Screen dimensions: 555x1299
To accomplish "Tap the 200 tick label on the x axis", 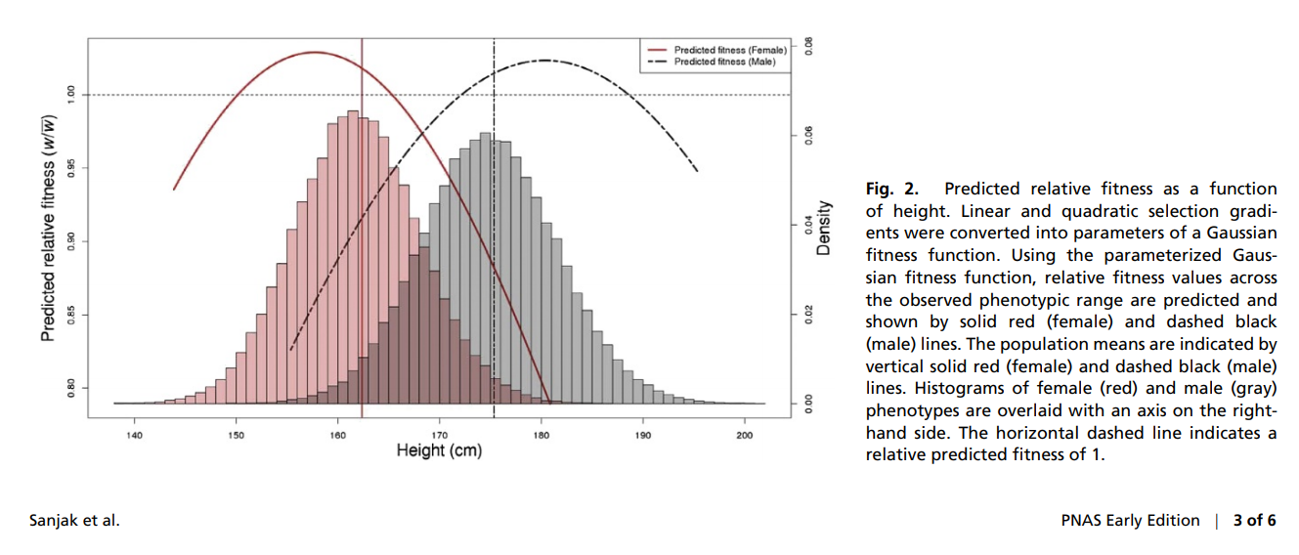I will (x=745, y=435).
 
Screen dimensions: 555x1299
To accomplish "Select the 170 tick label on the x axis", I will (x=439, y=435).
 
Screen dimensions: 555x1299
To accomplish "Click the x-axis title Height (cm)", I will (x=439, y=450).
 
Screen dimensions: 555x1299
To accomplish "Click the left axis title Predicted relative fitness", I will (x=47, y=229).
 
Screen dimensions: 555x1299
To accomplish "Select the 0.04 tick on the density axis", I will (x=807, y=225).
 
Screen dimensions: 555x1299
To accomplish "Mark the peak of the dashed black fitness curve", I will (x=543, y=61).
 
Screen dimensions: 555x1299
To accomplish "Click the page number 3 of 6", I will (x=1254, y=521).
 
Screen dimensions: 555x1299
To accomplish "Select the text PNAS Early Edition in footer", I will (x=1130, y=521).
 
